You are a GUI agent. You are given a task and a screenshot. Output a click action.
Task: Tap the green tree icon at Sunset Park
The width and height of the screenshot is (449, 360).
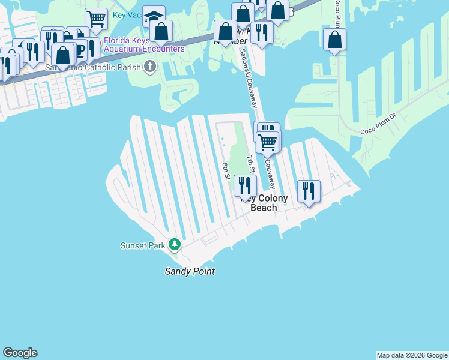coord(175,244)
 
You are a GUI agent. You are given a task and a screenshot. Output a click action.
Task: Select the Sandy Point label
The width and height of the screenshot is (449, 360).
coord(190,272)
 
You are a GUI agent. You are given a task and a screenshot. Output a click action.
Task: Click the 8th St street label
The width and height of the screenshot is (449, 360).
coord(226,171)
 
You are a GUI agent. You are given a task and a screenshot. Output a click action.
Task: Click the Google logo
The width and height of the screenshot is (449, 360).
coord(20,353)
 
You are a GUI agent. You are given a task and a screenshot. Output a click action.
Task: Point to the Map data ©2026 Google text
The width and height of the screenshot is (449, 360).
coord(412,355)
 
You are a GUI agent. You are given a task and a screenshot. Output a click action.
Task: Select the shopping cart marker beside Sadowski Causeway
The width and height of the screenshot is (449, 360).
coord(268,142)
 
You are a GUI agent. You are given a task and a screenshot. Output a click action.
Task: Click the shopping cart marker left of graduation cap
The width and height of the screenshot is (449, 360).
coord(96,18)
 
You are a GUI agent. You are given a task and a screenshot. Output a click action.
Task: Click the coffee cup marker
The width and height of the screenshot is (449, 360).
coord(76,48)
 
